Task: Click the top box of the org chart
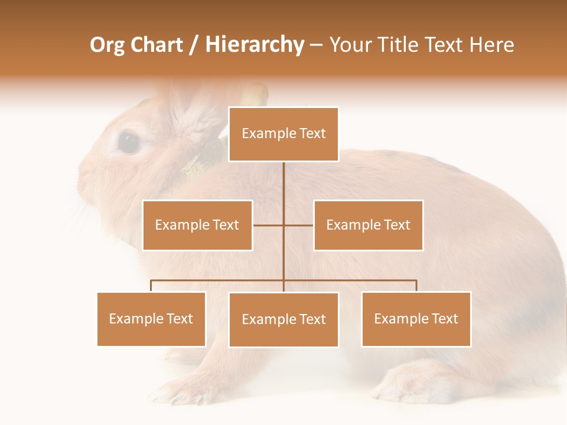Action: tap(283, 134)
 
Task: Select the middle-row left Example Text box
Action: tap(197, 225)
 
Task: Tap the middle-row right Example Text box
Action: tap(368, 225)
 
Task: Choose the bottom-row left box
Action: tap(151, 319)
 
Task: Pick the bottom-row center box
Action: tap(283, 319)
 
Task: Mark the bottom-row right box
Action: tap(416, 319)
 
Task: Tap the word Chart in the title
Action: tap(157, 45)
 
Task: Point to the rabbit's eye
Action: tap(128, 142)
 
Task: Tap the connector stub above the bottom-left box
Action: tap(151, 286)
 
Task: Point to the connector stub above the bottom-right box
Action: tap(416, 286)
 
